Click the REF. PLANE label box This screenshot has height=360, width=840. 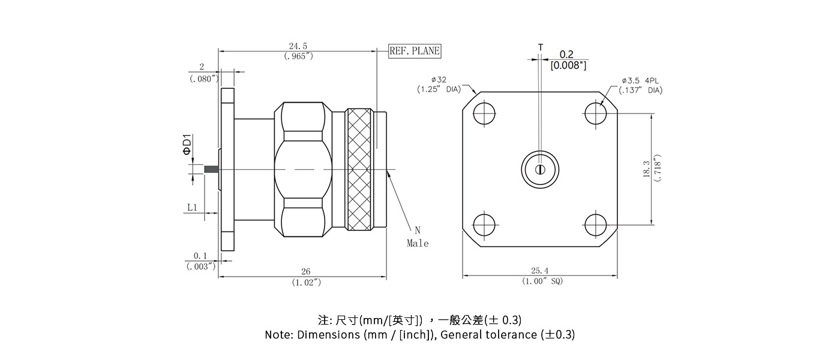(x=415, y=51)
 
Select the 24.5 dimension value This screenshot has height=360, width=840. (x=298, y=46)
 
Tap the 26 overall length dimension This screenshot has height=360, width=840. (x=306, y=272)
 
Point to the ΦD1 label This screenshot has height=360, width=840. (x=188, y=146)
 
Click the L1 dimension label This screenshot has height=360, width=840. (x=192, y=208)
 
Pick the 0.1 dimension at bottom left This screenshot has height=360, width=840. (x=200, y=256)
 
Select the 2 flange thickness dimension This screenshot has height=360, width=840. (x=202, y=67)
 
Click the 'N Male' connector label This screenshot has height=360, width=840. (x=418, y=238)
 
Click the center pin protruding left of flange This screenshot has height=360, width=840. (x=211, y=170)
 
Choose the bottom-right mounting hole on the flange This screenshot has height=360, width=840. (x=595, y=225)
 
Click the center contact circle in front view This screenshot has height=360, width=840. (x=539, y=169)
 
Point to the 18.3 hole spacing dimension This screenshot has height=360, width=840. (x=646, y=169)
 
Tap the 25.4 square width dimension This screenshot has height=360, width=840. (x=539, y=271)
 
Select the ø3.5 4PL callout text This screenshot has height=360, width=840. (x=643, y=80)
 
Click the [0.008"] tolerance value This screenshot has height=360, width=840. (x=568, y=65)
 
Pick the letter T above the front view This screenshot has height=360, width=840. (x=540, y=47)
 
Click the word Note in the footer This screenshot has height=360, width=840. (x=278, y=335)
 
